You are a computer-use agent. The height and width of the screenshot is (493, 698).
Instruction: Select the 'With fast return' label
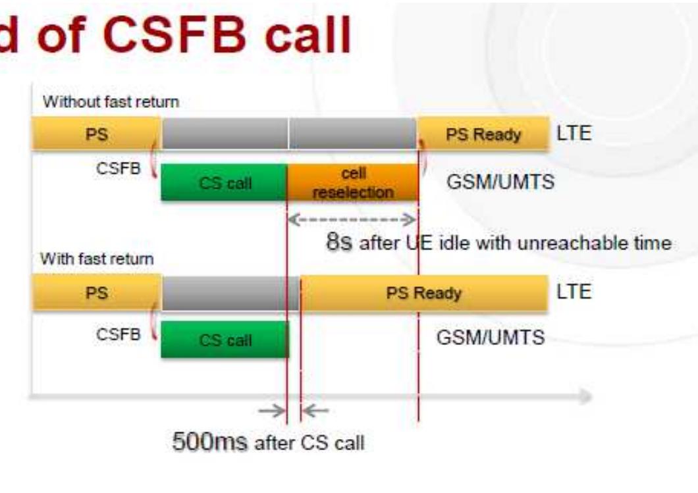(97, 259)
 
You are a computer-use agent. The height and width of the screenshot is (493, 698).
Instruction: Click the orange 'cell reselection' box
(353, 182)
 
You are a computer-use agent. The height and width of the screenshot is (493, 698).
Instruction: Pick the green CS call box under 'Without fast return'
(225, 182)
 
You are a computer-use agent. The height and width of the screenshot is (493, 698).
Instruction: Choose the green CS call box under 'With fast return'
(225, 340)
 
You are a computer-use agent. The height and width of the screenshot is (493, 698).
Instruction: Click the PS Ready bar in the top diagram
(483, 134)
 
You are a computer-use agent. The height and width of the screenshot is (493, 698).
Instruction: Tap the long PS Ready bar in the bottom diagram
(423, 293)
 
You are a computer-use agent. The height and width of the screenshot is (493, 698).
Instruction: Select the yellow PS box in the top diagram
(96, 134)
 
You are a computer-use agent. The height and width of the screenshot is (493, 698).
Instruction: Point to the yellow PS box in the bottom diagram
(96, 293)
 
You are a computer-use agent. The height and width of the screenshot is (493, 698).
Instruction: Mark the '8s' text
(340, 242)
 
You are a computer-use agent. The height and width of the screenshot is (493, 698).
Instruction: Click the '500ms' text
(210, 441)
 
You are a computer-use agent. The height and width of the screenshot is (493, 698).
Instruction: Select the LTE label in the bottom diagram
(574, 292)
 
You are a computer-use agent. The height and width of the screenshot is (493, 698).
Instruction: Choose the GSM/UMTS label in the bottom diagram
(491, 338)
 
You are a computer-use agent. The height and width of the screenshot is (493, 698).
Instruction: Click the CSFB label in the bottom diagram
(119, 334)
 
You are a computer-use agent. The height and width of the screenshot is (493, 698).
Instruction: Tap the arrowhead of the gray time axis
(585, 396)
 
